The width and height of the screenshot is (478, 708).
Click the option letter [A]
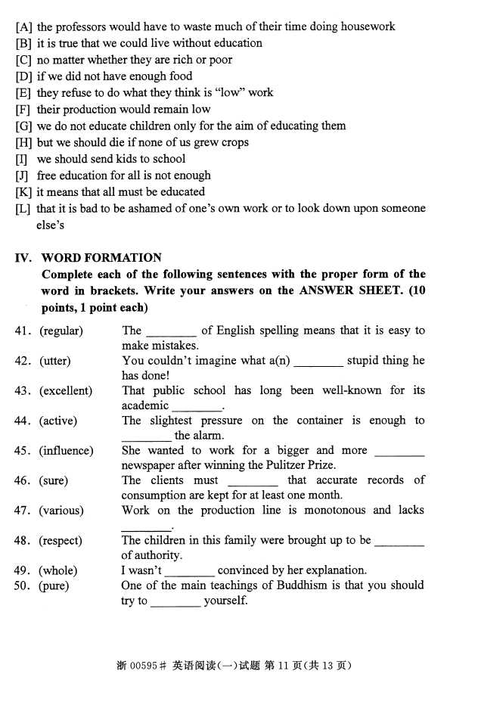pos(23,26)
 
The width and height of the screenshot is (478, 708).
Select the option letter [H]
pos(23,142)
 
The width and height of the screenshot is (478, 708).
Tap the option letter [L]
pos(23,209)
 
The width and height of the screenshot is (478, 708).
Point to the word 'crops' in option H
pos(234,142)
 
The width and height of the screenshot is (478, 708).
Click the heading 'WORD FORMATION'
pos(101,258)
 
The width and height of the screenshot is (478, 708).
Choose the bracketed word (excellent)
pos(66,391)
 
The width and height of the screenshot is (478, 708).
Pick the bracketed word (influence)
pos(67,451)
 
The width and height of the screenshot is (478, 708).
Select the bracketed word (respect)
pos(61,541)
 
